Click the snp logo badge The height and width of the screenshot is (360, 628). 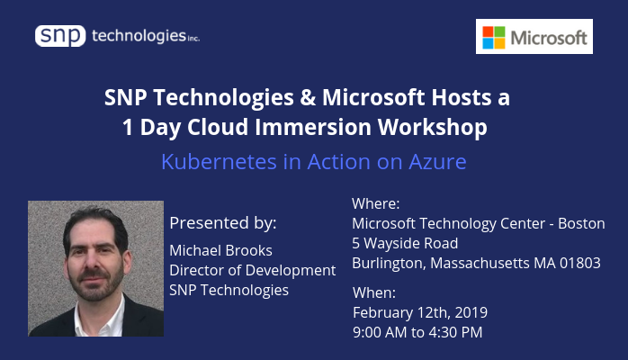[x=60, y=36]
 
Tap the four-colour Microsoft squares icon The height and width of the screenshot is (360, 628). [x=493, y=38]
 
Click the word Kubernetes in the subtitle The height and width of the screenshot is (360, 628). [x=219, y=162]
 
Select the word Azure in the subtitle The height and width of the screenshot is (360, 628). [x=437, y=162]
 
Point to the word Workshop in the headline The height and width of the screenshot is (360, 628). [x=433, y=127]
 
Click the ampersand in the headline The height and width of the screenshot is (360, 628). [x=308, y=98]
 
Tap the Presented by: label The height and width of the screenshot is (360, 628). [x=223, y=223]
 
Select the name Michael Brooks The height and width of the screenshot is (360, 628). [x=220, y=251]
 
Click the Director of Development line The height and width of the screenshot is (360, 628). [x=252, y=271]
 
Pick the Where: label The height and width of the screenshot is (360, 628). [x=376, y=203]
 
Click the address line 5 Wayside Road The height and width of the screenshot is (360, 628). [x=405, y=244]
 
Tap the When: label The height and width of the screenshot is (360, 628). [x=374, y=293]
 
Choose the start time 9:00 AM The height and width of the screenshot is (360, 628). [x=380, y=332]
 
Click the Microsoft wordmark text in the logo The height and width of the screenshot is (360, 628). [x=549, y=38]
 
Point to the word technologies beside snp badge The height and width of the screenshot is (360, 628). [x=139, y=36]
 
